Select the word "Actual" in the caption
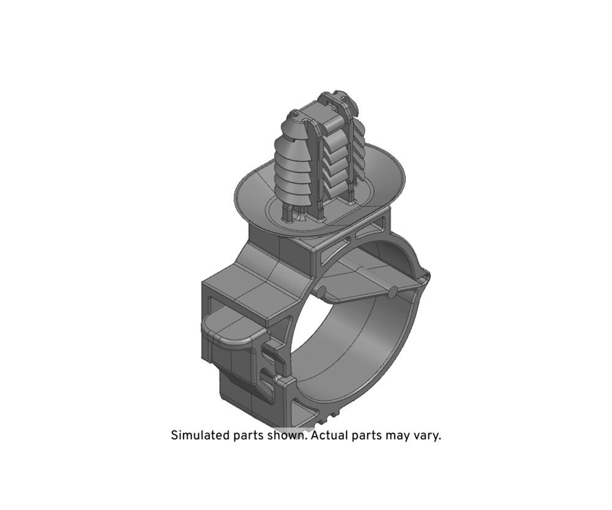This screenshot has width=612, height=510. (329, 435)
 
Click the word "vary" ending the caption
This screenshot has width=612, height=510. (427, 437)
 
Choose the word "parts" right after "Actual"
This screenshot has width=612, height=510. (367, 435)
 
